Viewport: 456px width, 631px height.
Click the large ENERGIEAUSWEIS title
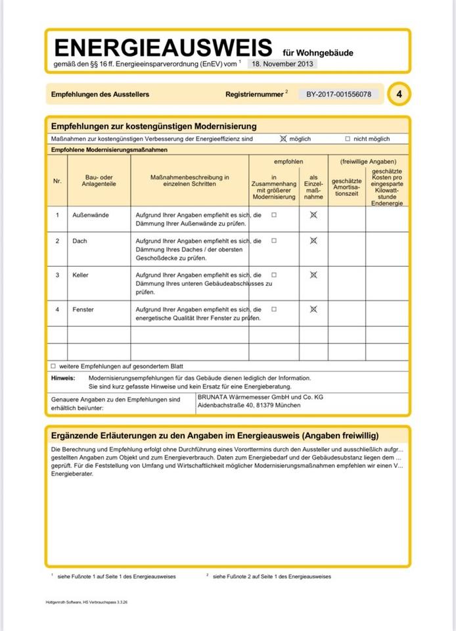coord(163,47)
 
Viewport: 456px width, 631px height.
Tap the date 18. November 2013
coord(283,64)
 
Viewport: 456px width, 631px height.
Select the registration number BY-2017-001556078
coord(339,94)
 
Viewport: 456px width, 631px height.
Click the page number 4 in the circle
coord(399,94)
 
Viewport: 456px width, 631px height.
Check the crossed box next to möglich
coord(284,139)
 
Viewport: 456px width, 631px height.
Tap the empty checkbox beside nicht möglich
coord(348,139)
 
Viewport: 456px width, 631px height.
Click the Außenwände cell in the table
coord(91,215)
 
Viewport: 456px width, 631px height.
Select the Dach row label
coord(80,241)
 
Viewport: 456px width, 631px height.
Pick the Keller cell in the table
coord(81,275)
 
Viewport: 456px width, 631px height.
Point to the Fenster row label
coord(83,309)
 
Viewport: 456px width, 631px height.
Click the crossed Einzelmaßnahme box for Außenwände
coord(313,215)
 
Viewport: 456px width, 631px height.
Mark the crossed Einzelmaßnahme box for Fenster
coord(313,309)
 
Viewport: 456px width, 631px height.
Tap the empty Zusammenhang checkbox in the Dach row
coord(274,241)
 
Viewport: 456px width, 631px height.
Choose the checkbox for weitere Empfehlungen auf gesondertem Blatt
coord(53,365)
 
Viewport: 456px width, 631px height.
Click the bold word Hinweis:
coord(62,378)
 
